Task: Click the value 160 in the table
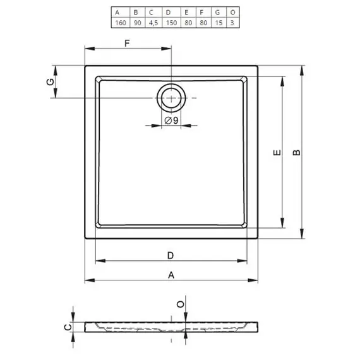click(x=121, y=23)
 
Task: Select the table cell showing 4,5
click(x=153, y=23)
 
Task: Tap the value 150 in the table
click(x=171, y=23)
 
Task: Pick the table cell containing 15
click(x=219, y=23)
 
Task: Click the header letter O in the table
click(x=232, y=13)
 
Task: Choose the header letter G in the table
click(x=217, y=13)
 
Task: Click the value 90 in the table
click(x=137, y=23)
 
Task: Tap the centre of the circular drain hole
click(x=171, y=98)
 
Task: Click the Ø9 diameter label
click(x=172, y=120)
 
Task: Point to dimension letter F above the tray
click(x=127, y=43)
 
